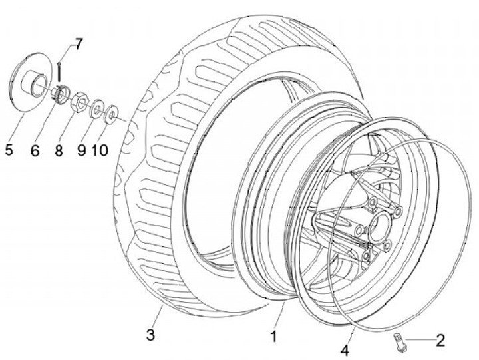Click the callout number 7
coord(79,45)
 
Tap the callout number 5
coord(9,150)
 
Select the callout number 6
coord(35,150)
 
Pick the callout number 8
coord(59,150)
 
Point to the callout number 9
coord(81,150)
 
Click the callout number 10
coord(100,150)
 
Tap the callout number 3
coord(150,335)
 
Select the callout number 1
coord(274,336)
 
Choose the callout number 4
coord(345,351)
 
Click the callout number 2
coord(440,340)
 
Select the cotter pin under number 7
coord(59,71)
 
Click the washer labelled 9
coord(96,108)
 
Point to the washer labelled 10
coord(111,114)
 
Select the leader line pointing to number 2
coord(420,339)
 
